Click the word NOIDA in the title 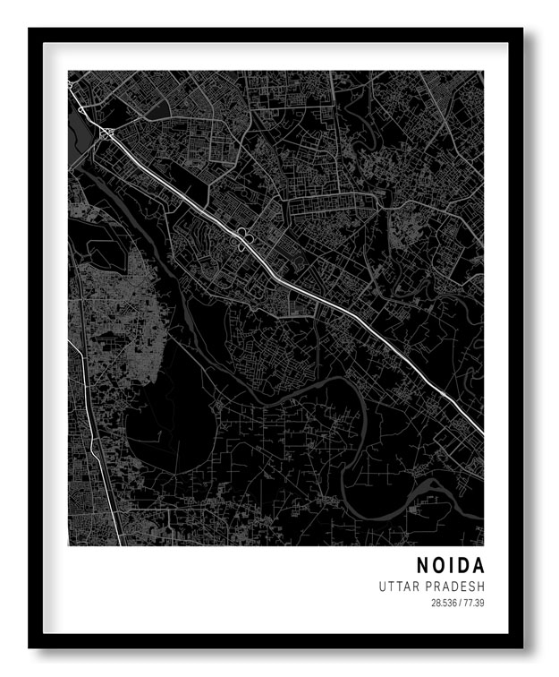(x=450, y=566)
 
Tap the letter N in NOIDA (x=422, y=566)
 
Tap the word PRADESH (x=455, y=587)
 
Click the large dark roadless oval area (x=165, y=430)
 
